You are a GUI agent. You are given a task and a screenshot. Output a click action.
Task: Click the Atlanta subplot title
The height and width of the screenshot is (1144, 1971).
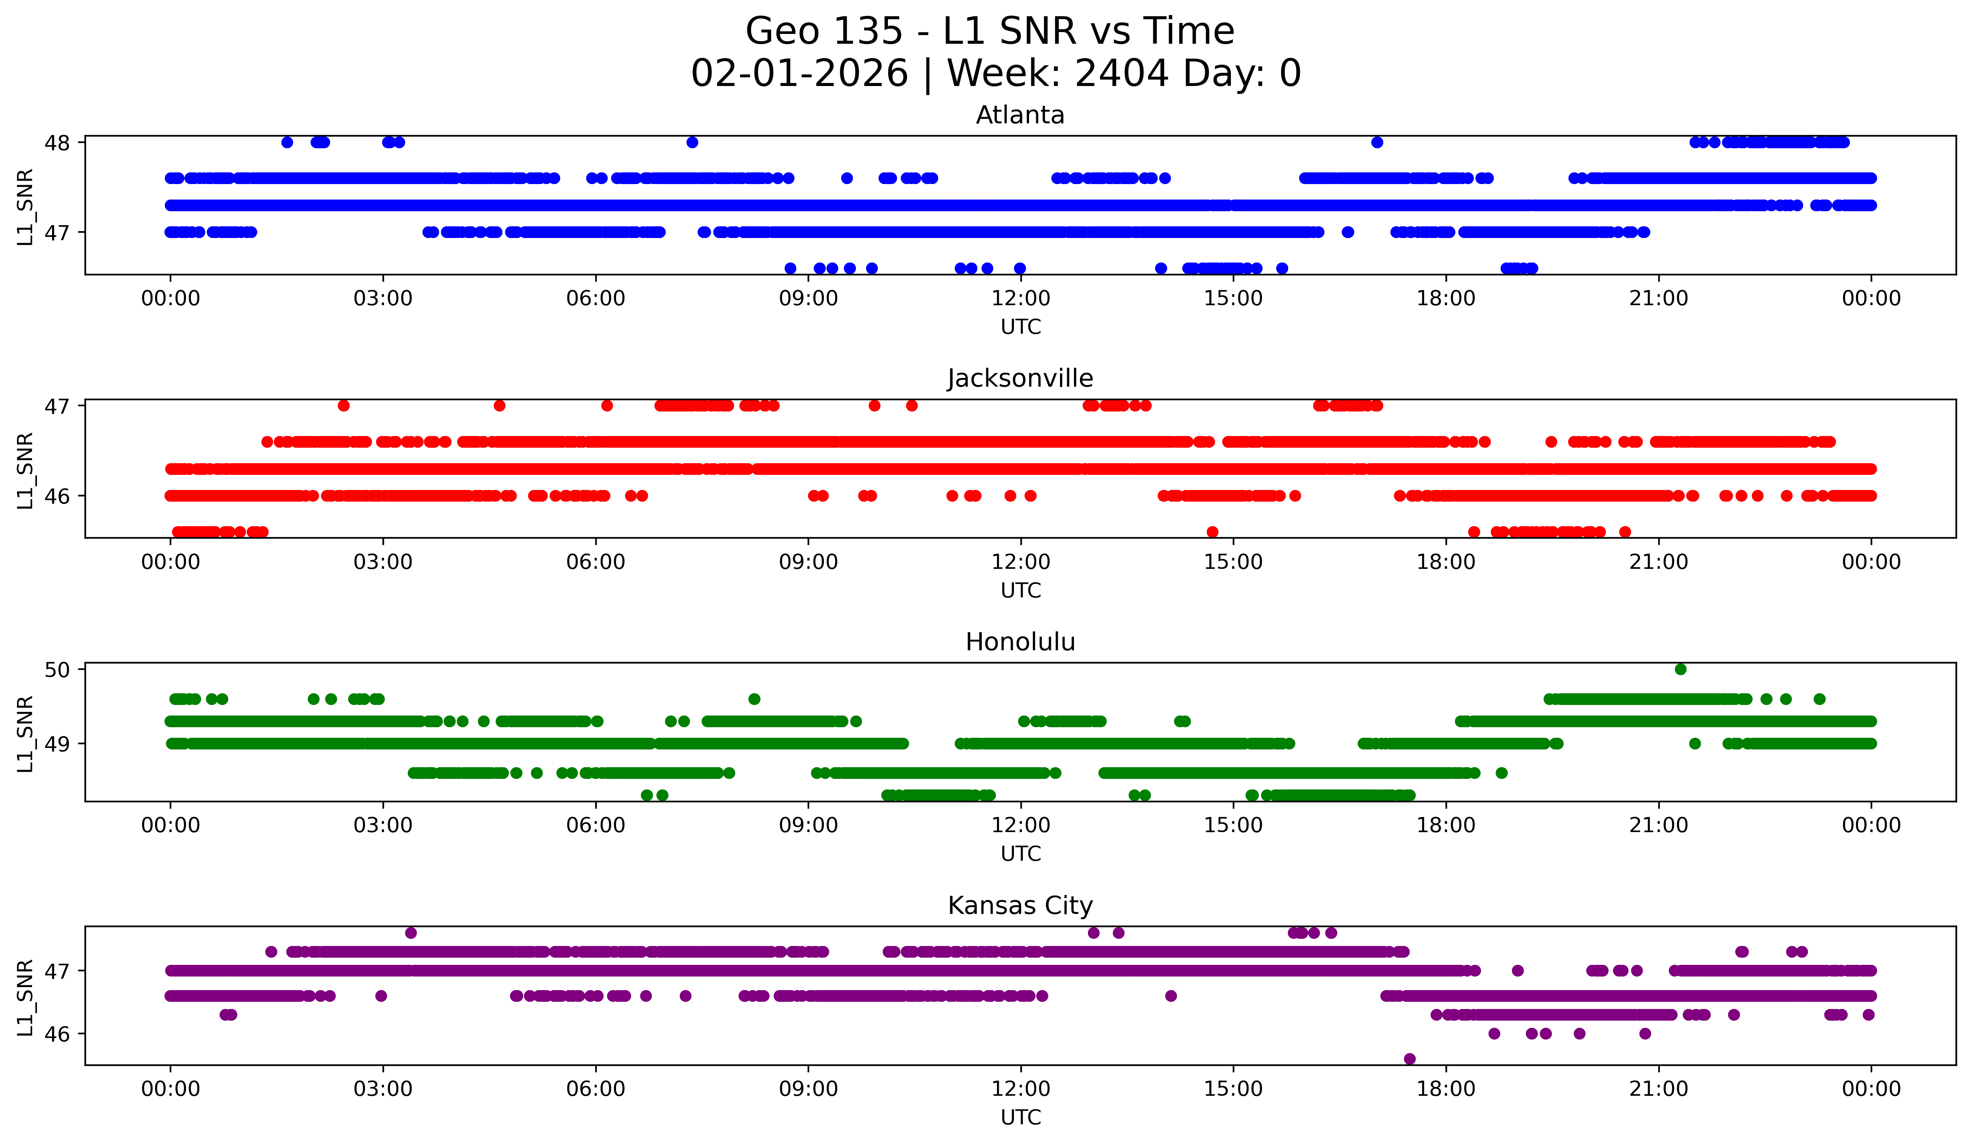(1020, 115)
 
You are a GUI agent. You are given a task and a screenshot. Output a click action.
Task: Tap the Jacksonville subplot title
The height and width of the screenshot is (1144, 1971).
(1020, 378)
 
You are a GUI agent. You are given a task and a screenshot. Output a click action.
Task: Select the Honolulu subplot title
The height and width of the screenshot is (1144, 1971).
(1020, 642)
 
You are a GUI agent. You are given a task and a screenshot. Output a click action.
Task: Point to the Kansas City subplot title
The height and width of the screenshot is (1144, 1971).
(1020, 906)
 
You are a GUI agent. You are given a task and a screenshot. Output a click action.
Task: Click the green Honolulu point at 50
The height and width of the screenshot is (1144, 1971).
(1680, 670)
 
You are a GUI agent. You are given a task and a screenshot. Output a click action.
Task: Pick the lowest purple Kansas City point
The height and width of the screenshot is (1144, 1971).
(1409, 1059)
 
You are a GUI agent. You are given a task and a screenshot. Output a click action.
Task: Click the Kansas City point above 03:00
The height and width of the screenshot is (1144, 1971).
(411, 933)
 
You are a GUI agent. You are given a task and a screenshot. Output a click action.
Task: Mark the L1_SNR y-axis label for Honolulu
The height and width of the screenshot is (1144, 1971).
(25, 734)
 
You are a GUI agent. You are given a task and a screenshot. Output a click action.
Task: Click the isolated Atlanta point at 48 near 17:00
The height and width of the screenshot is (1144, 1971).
(1376, 142)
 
